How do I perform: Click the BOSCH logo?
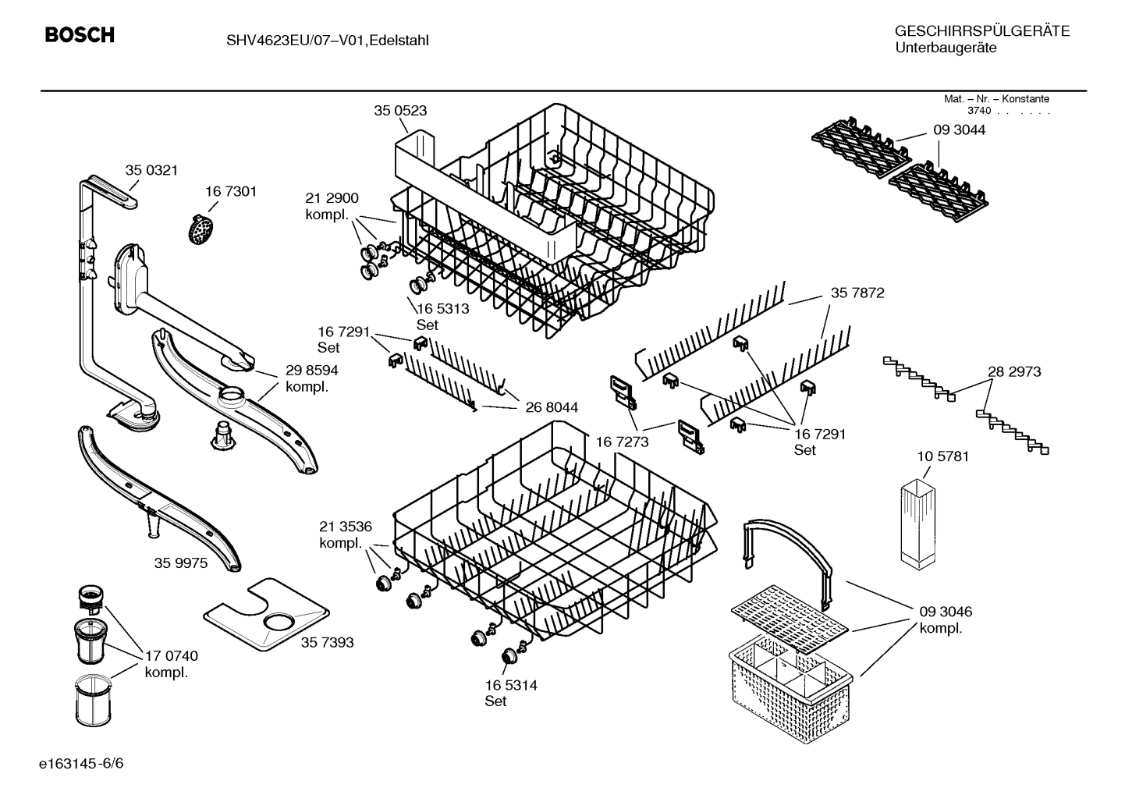coord(80,35)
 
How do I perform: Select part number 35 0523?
coord(400,111)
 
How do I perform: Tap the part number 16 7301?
coord(231,191)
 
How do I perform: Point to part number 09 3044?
coord(959,130)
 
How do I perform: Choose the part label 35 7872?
coord(857,293)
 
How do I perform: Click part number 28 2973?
coord(1014,372)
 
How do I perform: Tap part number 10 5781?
coord(942,456)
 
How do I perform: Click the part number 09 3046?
coord(946,612)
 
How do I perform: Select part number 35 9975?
coord(181,563)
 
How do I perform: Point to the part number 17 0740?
coord(172,656)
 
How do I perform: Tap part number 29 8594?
coord(311,371)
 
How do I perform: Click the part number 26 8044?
coord(552,407)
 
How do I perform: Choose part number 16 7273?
coord(622,442)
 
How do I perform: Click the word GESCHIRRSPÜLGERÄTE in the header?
coord(981,31)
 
